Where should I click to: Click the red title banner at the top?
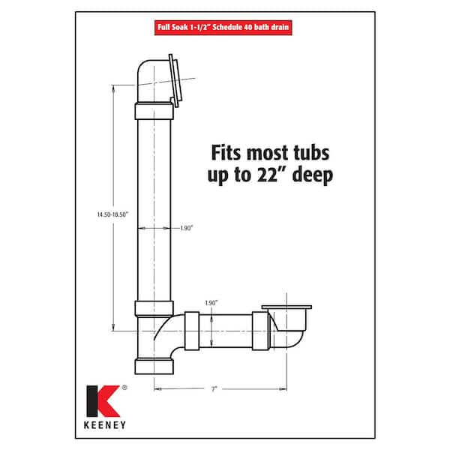[x=223, y=28]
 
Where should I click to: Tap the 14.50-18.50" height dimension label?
[x=112, y=214]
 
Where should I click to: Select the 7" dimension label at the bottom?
[x=214, y=389]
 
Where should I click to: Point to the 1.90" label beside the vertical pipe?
[x=187, y=228]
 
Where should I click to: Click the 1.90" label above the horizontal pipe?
[x=211, y=303]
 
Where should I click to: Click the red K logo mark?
[x=103, y=401]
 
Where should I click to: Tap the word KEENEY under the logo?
[x=105, y=425]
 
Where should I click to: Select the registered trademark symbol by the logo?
[x=124, y=388]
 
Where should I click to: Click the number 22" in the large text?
[x=268, y=174]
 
